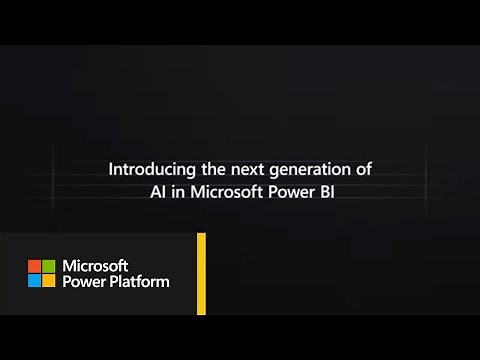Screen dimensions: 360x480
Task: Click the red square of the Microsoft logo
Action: tap(33, 266)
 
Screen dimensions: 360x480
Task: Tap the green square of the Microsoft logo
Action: tap(48, 266)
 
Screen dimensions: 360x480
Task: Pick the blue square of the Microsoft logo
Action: tap(33, 281)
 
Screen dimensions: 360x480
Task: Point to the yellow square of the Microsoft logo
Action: tap(48, 281)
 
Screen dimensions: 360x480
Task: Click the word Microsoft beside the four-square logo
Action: tap(95, 266)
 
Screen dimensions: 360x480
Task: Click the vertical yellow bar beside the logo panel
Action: tap(201, 273)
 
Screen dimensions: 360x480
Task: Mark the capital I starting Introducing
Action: tap(110, 170)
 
